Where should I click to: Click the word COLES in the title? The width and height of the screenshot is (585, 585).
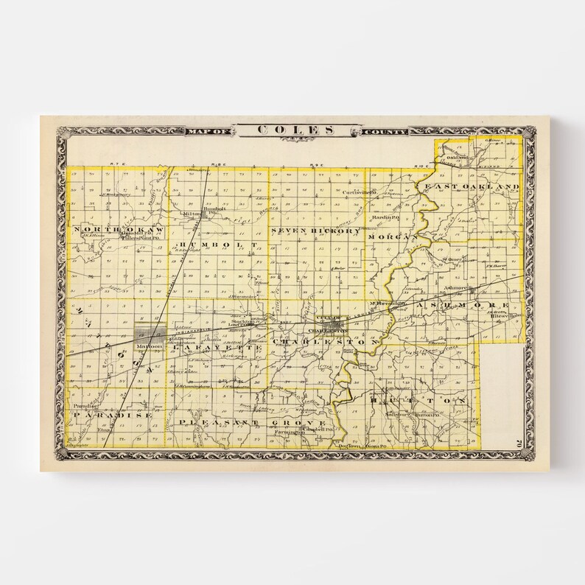click(296, 130)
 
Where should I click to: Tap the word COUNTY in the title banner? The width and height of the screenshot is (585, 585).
click(383, 132)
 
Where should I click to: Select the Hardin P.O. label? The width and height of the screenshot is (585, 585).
click(385, 218)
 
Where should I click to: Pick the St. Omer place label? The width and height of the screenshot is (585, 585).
click(452, 259)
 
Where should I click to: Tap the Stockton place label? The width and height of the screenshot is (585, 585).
click(242, 321)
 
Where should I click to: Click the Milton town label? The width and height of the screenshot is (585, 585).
click(191, 214)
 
